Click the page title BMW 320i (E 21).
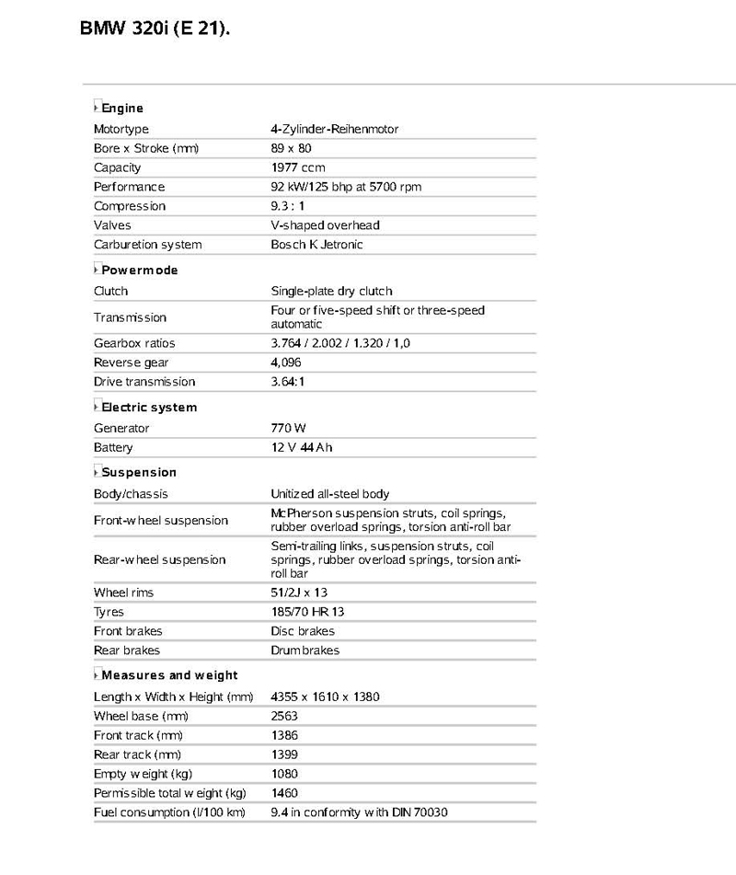click(x=155, y=29)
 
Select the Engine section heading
click(x=122, y=108)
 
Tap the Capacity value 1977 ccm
click(x=298, y=167)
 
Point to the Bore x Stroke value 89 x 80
click(x=292, y=148)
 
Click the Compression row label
click(x=130, y=206)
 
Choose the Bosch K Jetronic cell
click(x=316, y=245)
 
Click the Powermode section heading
click(x=139, y=271)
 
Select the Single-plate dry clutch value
click(x=331, y=291)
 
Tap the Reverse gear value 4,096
click(x=287, y=363)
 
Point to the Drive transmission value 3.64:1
click(x=288, y=382)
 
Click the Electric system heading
click(x=149, y=408)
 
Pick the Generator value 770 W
click(x=288, y=428)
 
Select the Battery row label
click(x=113, y=447)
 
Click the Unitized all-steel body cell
click(x=329, y=494)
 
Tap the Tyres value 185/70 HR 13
click(x=307, y=612)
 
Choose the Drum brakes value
click(x=305, y=650)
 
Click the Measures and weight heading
click(x=169, y=675)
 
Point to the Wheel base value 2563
click(x=284, y=716)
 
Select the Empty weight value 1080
click(x=284, y=774)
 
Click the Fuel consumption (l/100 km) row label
click(x=169, y=812)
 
